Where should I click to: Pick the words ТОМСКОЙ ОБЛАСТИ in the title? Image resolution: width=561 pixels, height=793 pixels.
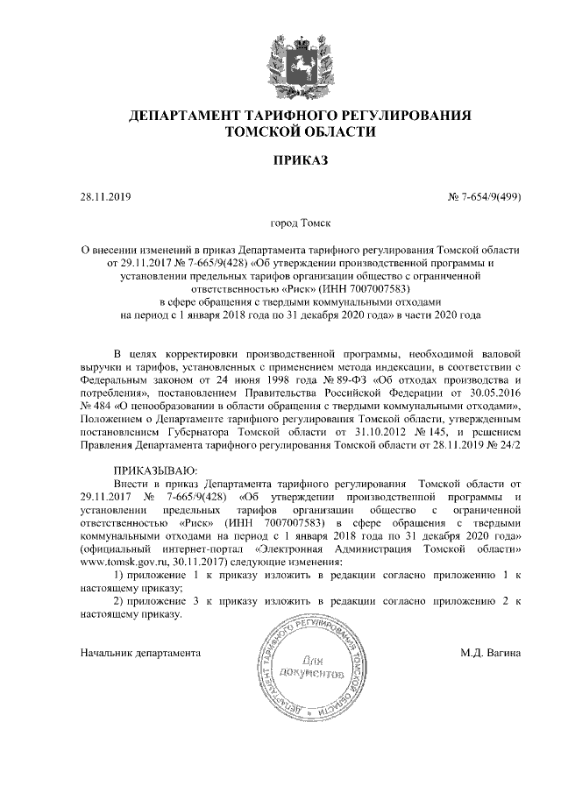[x=301, y=133]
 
